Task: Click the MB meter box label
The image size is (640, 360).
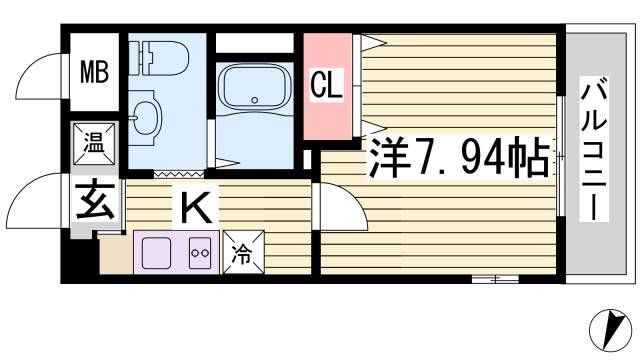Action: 94,71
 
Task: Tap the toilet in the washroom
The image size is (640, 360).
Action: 159,58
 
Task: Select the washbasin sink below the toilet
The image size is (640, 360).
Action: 145,118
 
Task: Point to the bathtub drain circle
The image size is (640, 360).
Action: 255,100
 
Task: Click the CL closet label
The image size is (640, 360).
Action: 327,85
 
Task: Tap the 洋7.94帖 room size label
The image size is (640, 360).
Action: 458,157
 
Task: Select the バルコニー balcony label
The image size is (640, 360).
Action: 594,149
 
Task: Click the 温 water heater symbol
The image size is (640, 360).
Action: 94,144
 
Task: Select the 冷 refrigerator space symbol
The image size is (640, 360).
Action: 243,252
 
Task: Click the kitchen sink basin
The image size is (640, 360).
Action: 156,253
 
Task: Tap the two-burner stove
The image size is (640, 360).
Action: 200,253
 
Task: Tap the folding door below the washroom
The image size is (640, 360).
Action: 180,174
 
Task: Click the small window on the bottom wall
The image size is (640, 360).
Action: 495,280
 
